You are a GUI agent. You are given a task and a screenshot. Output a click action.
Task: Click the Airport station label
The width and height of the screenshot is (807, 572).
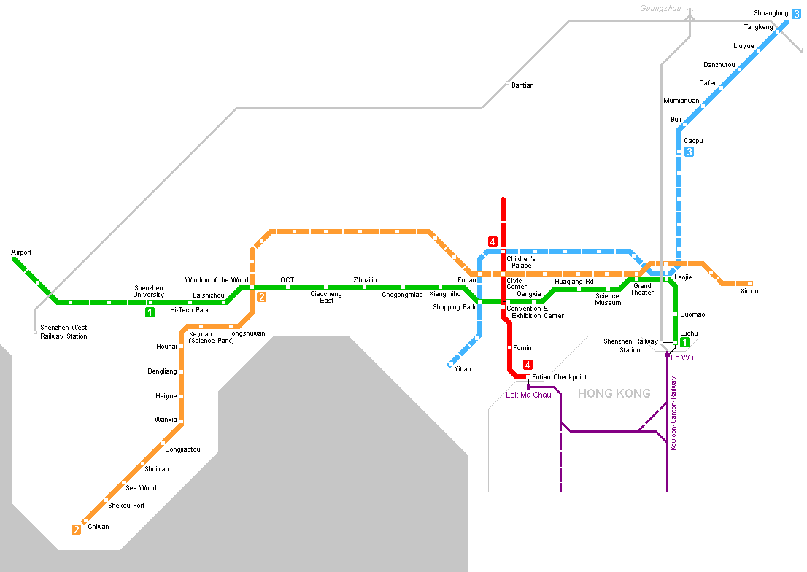pos(21,252)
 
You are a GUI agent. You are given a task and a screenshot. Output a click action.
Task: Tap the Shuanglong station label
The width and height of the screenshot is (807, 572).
pos(771,13)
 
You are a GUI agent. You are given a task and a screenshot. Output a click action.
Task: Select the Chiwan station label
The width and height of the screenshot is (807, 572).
pos(98,526)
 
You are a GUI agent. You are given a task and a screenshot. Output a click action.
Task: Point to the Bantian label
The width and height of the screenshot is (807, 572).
pos(522,85)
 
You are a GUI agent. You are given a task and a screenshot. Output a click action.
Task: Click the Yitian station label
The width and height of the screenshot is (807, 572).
pos(463,369)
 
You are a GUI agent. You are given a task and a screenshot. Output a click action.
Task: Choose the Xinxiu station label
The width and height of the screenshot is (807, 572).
pos(749,291)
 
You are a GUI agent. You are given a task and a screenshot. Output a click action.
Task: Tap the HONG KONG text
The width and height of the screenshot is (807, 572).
pos(614,394)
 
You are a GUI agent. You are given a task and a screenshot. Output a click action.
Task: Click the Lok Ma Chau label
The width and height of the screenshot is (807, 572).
pos(528,395)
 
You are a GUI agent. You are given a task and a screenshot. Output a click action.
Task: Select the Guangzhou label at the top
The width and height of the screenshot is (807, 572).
pos(660,9)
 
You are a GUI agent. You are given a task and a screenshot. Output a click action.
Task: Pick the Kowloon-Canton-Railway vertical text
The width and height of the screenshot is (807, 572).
pos(673,413)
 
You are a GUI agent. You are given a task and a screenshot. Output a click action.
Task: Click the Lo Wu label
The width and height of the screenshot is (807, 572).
pos(682,357)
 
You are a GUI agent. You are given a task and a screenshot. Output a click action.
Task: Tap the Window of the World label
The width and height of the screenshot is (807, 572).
pos(217,280)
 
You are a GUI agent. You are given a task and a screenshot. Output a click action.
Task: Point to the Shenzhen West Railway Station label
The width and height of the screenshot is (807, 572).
pos(63,332)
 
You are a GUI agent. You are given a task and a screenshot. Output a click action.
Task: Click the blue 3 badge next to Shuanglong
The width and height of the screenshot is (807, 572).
pos(796,13)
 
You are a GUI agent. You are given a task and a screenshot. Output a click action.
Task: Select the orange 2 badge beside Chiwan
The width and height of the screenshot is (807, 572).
pos(76,530)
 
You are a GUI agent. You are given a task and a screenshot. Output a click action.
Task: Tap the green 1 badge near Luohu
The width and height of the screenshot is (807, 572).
pos(684,342)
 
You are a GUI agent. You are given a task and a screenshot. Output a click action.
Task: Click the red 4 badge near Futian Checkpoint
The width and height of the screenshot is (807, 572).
pos(527,366)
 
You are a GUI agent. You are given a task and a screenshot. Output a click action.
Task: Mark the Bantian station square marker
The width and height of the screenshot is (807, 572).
pos(507,82)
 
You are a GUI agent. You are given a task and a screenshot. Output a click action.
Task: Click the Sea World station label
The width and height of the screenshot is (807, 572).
pos(141,488)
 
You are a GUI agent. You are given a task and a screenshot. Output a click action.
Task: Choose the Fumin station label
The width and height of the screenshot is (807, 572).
pos(522,348)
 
